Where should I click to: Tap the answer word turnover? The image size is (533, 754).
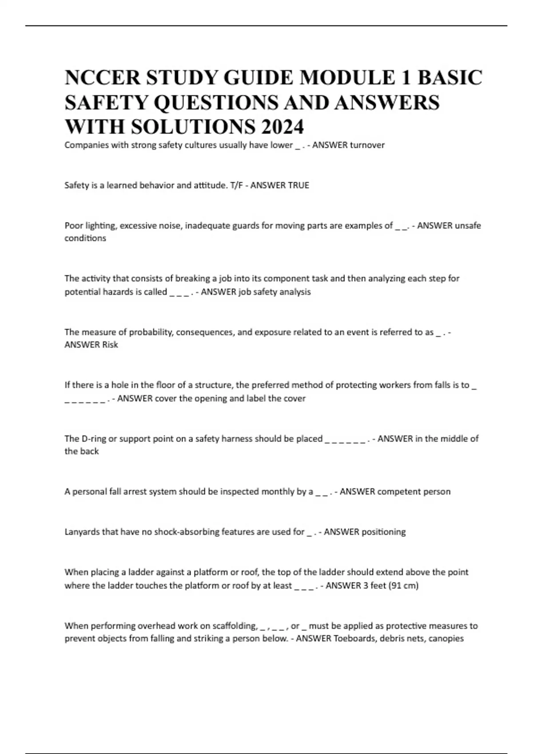click(x=367, y=145)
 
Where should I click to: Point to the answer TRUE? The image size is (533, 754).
click(x=298, y=185)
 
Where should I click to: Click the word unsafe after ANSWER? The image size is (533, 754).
click(x=469, y=225)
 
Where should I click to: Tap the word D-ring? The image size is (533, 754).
click(x=94, y=439)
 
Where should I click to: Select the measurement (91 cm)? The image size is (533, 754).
click(x=404, y=585)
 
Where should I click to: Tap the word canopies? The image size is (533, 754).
click(x=446, y=639)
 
